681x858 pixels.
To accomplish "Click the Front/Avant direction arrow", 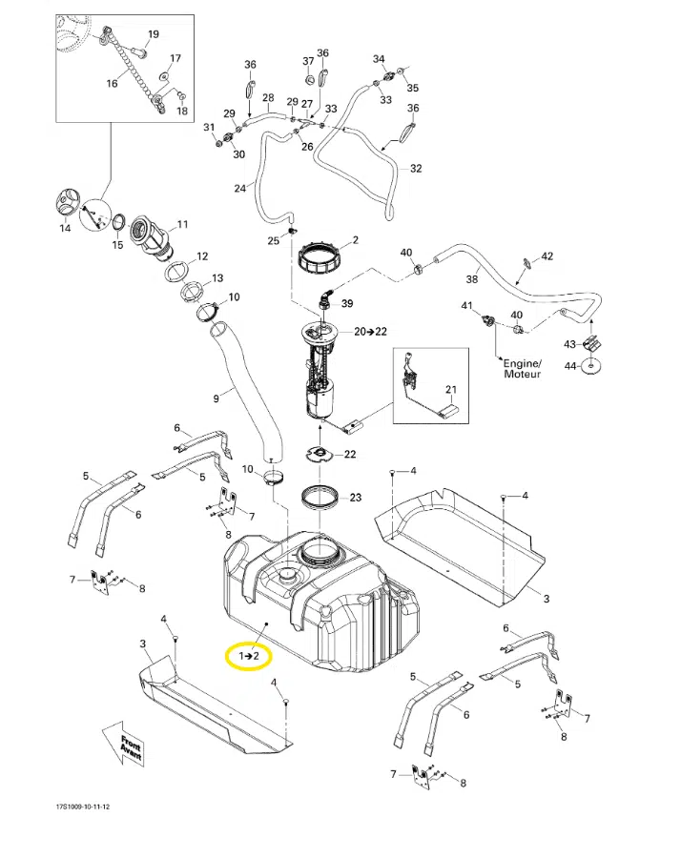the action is pyautogui.click(x=125, y=744).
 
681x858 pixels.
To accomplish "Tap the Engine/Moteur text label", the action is pyautogui.click(x=523, y=369).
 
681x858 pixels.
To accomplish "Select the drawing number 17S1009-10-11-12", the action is pyautogui.click(x=82, y=807).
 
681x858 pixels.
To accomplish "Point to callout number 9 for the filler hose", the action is pyautogui.click(x=217, y=398).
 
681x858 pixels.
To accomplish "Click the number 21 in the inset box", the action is pyautogui.click(x=450, y=390).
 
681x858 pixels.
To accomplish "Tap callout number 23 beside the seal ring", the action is pyautogui.click(x=355, y=498).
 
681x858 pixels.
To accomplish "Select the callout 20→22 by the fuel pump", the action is pyautogui.click(x=371, y=331).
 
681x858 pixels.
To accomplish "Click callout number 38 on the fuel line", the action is pyautogui.click(x=471, y=279).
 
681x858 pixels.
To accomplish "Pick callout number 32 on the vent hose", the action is pyautogui.click(x=416, y=169).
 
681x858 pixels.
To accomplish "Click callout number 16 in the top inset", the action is pyautogui.click(x=112, y=83).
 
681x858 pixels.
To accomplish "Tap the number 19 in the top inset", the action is pyautogui.click(x=154, y=34).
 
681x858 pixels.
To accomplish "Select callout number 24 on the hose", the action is pyautogui.click(x=239, y=188).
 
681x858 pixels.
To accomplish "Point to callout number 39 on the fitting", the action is pyautogui.click(x=347, y=304).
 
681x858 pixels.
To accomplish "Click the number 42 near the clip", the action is pyautogui.click(x=547, y=256).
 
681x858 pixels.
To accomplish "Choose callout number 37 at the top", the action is pyautogui.click(x=308, y=61).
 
